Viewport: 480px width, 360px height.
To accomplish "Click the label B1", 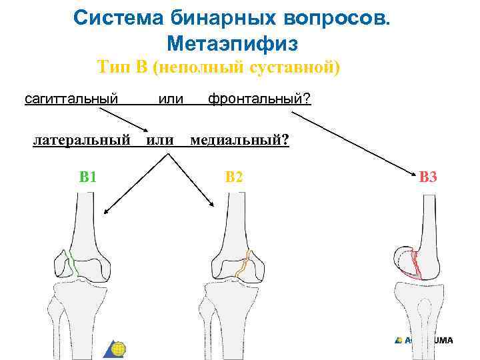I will pyautogui.click(x=88, y=177).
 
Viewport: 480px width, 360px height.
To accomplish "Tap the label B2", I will pyautogui.click(x=234, y=177).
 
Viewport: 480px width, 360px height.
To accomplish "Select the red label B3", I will pyautogui.click(x=427, y=177).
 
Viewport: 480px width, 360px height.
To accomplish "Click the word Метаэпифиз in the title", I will pyautogui.click(x=232, y=44).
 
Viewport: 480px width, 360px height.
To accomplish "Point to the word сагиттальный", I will pyautogui.click(x=71, y=99).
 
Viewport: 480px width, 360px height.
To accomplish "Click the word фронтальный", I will pyautogui.click(x=259, y=99).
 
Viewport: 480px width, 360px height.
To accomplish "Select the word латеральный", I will pyautogui.click(x=81, y=140).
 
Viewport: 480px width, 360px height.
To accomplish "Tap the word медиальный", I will pyautogui.click(x=239, y=140).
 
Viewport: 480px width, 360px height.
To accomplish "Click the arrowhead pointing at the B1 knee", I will pyautogui.click(x=107, y=212).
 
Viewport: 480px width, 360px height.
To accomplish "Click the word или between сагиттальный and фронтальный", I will pyautogui.click(x=170, y=99).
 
